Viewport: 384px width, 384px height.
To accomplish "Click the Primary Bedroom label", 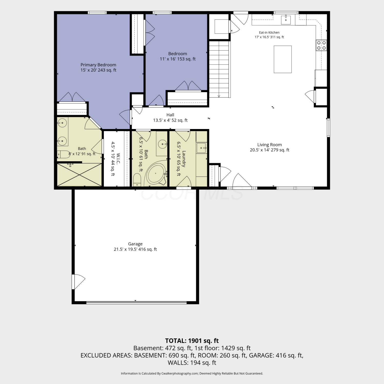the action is pos(98,67).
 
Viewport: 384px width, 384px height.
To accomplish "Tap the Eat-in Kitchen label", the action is pos(269,35).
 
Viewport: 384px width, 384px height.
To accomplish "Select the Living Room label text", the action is pos(270,147).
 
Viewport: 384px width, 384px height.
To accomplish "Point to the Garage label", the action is pos(135,247).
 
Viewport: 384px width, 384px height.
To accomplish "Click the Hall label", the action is pos(170,118).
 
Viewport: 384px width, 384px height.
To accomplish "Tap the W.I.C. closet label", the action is pos(115,159).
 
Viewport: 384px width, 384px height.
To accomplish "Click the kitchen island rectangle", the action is pos(283,59).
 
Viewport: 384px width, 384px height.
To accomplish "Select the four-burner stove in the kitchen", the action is pos(321,45).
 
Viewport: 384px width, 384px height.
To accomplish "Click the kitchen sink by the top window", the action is pos(286,19).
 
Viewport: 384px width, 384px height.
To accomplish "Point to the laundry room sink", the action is pos(201,148).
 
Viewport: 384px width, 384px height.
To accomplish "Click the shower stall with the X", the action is pos(79,175).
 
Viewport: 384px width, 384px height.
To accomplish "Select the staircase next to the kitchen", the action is pos(219,69).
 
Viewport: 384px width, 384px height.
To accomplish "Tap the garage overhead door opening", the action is pos(136,303).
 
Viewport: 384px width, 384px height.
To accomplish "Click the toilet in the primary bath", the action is pos(63,154).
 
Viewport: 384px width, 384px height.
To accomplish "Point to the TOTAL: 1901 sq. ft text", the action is pos(192,341).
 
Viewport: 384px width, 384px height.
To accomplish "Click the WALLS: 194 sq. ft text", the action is pos(192,363).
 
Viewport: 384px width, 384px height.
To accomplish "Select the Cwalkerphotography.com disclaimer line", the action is pos(192,374).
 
